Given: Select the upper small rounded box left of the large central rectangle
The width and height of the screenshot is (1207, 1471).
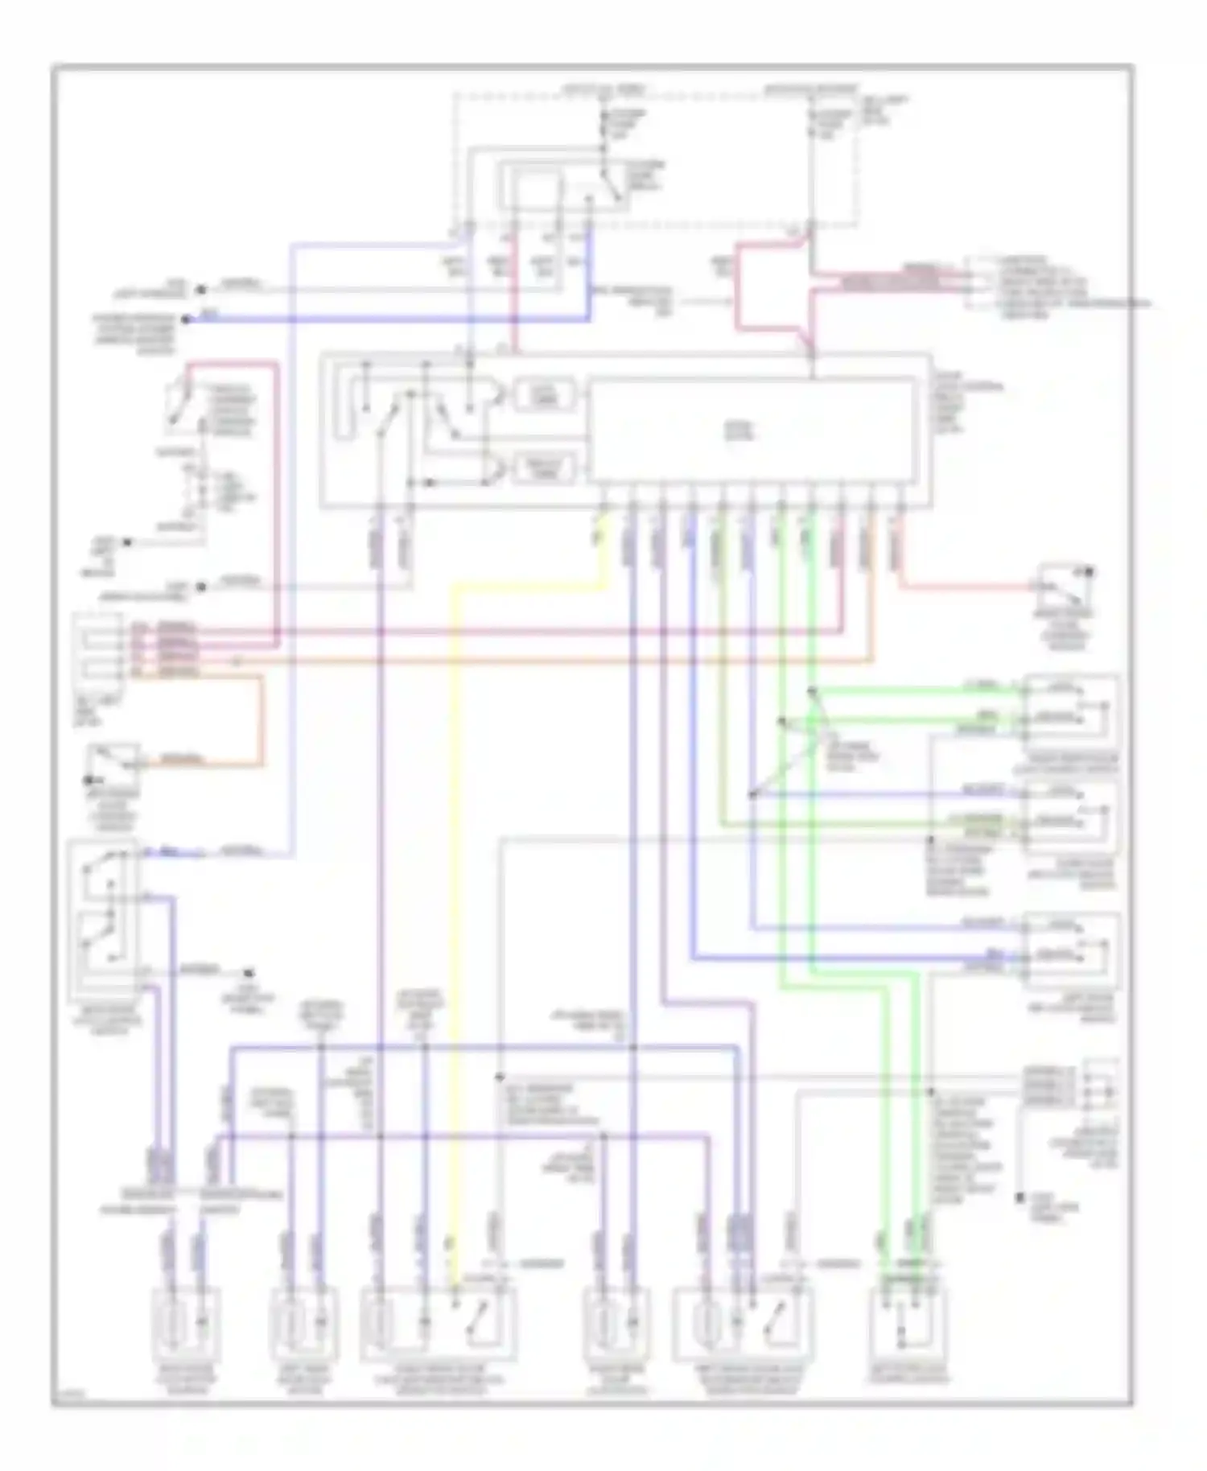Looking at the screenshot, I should click(545, 394).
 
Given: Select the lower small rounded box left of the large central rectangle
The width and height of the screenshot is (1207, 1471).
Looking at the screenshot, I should click(545, 468).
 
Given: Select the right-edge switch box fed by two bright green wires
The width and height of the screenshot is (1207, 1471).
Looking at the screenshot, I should click(1070, 708).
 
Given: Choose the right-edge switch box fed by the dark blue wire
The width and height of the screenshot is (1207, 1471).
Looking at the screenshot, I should click(1070, 950).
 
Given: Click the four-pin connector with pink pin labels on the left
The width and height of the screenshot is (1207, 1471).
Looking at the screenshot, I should click(98, 648).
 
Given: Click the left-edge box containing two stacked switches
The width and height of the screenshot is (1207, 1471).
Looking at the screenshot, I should click(102, 909).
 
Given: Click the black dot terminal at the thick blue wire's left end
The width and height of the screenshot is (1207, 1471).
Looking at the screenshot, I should click(186, 319).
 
